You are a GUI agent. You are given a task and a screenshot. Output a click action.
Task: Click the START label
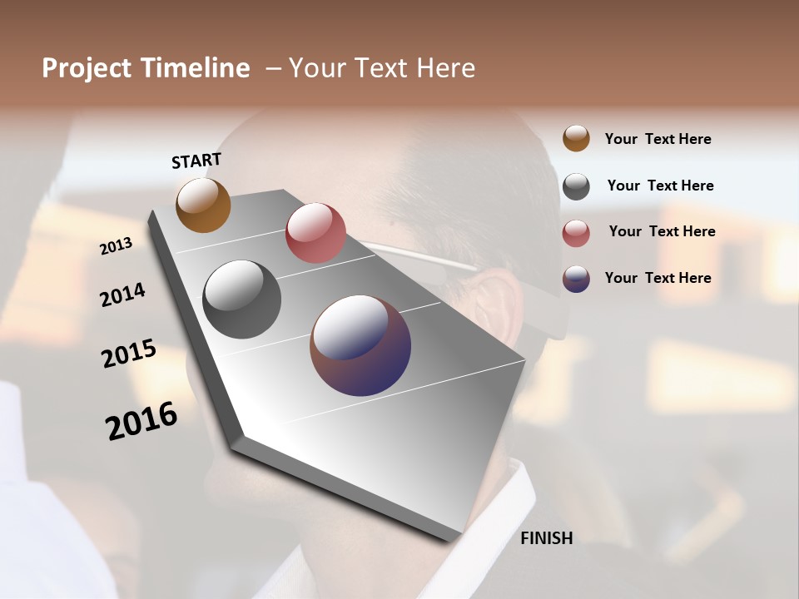(x=196, y=161)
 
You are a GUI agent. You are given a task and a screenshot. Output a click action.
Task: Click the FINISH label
(x=546, y=538)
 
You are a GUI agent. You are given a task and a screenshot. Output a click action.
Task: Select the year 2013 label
(x=116, y=246)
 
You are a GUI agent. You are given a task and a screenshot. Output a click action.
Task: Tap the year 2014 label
(x=122, y=295)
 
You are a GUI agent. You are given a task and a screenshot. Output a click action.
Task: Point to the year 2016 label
(x=141, y=421)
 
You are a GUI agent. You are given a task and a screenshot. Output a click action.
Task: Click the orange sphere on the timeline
(x=203, y=205)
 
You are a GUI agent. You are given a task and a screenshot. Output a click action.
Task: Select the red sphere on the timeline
(x=315, y=233)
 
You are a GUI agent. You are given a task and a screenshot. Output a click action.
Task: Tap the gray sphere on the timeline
(x=242, y=299)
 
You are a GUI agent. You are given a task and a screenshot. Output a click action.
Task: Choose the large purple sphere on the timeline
(x=360, y=345)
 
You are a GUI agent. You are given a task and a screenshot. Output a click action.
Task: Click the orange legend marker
(x=576, y=139)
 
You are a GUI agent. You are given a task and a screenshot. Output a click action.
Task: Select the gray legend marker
(x=576, y=186)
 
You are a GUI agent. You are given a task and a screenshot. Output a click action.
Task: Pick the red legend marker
(x=576, y=232)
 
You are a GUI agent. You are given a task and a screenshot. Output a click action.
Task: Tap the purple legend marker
(x=576, y=279)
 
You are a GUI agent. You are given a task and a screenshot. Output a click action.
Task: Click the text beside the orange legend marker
(x=658, y=139)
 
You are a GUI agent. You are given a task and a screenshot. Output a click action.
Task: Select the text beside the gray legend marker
(x=660, y=186)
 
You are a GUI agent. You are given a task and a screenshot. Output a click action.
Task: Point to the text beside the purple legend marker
(x=658, y=278)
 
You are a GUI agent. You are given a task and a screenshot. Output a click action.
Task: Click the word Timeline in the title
(x=195, y=68)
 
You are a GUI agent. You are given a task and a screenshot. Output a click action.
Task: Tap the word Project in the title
(x=87, y=68)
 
